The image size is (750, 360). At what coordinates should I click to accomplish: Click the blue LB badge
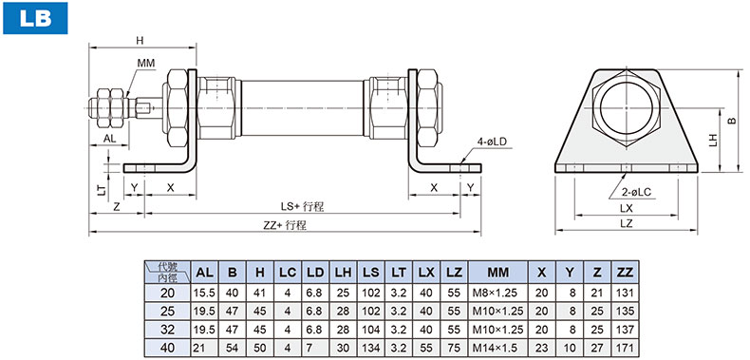pos(35,18)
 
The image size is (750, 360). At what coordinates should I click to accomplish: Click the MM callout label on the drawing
pos(146,63)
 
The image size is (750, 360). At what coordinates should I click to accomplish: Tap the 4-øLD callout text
pos(494,142)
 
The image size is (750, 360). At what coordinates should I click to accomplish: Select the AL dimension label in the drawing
pos(109,139)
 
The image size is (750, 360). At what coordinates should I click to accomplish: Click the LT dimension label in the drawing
pos(102,191)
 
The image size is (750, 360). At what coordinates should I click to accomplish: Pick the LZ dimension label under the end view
pos(627,223)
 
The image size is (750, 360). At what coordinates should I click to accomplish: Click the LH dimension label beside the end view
pos(713,140)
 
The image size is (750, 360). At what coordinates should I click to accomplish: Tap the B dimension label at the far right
pos(731,122)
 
